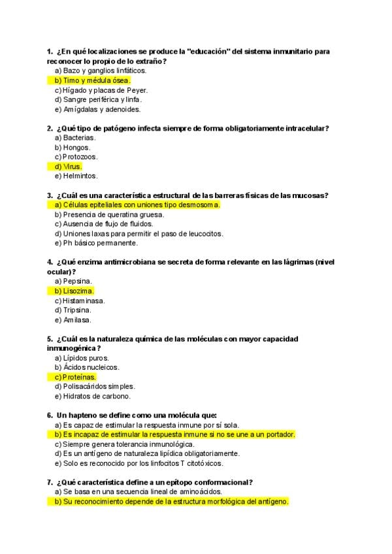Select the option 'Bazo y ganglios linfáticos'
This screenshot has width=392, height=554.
[x=100, y=71]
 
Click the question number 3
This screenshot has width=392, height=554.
[x=50, y=195]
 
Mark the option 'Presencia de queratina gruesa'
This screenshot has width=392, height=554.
[x=109, y=214]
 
